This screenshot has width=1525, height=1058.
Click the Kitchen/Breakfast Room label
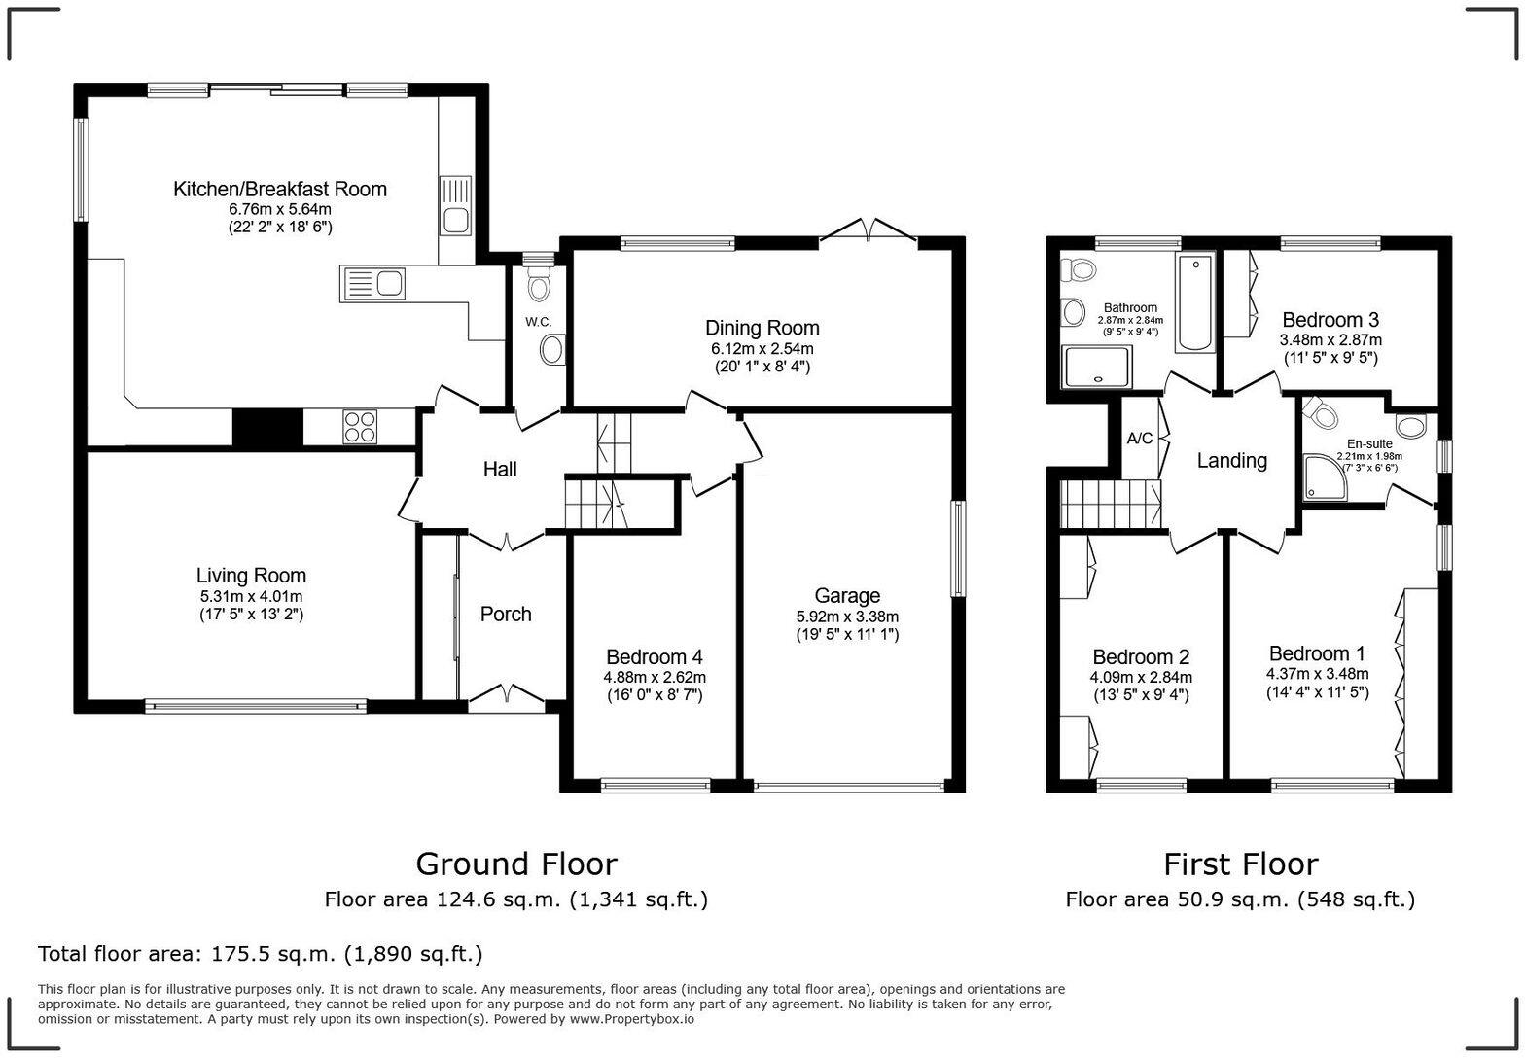click(x=280, y=189)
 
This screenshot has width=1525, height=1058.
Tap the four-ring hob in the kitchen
click(x=359, y=427)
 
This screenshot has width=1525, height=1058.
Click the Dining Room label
click(x=762, y=328)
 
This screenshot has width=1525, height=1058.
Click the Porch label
click(x=506, y=614)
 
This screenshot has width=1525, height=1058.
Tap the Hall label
click(x=500, y=470)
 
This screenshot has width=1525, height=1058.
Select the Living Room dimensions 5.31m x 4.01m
click(x=251, y=596)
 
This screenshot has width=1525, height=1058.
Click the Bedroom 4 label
click(x=655, y=657)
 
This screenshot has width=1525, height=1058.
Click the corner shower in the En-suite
click(x=1324, y=476)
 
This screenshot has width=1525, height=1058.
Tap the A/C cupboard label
click(x=1140, y=439)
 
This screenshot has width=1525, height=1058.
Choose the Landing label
click(x=1231, y=461)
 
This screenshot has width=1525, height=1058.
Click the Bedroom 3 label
click(x=1330, y=320)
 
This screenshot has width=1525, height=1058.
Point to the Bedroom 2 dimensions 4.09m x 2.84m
click(x=1141, y=678)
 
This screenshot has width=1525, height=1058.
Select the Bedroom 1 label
click(x=1317, y=653)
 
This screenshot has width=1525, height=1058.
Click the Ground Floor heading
click(x=515, y=864)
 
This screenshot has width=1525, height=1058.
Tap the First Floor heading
click(x=1240, y=864)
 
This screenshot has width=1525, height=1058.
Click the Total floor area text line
click(x=260, y=953)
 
